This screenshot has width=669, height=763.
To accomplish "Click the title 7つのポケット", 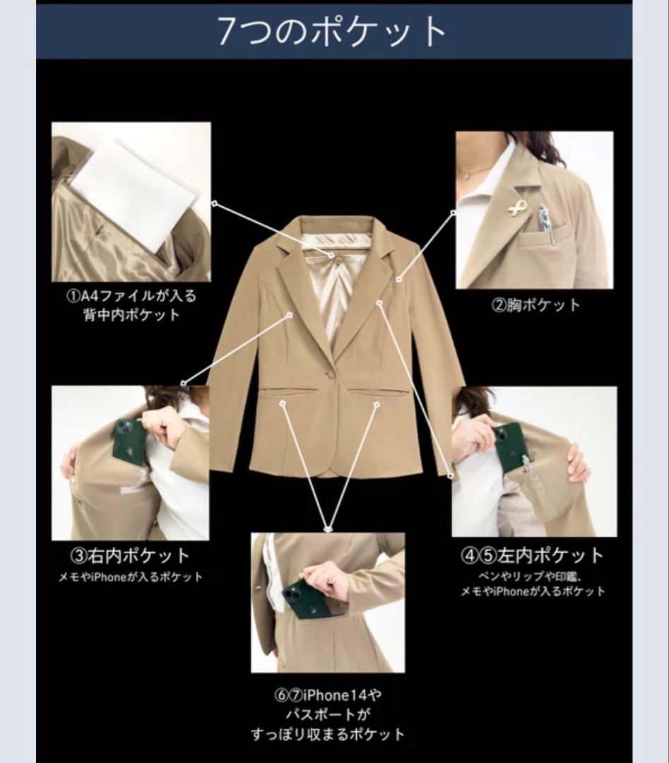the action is tap(331, 31).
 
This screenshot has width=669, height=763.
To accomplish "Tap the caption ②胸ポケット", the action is tap(536, 305).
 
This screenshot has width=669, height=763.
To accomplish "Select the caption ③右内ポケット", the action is tap(130, 555).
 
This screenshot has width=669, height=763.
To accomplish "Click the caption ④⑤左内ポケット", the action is tap(532, 555).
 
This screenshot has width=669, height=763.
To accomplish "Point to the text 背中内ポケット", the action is tap(131, 314).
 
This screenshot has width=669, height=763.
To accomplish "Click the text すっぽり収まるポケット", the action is tap(328, 734).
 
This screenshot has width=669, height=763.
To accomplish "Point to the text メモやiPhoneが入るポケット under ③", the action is tap(131, 578).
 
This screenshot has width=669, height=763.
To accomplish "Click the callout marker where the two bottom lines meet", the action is tap(328, 529).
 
